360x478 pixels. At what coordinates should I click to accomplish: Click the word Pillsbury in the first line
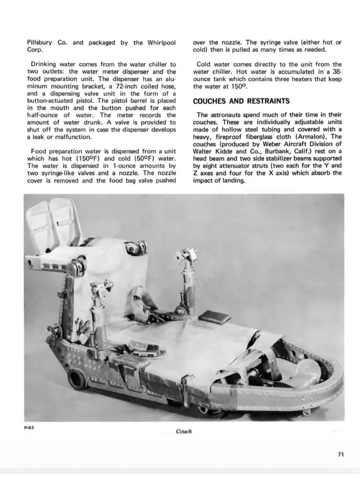(39, 43)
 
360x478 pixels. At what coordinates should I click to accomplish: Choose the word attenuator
(246, 166)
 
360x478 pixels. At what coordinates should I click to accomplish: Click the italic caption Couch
(184, 431)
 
